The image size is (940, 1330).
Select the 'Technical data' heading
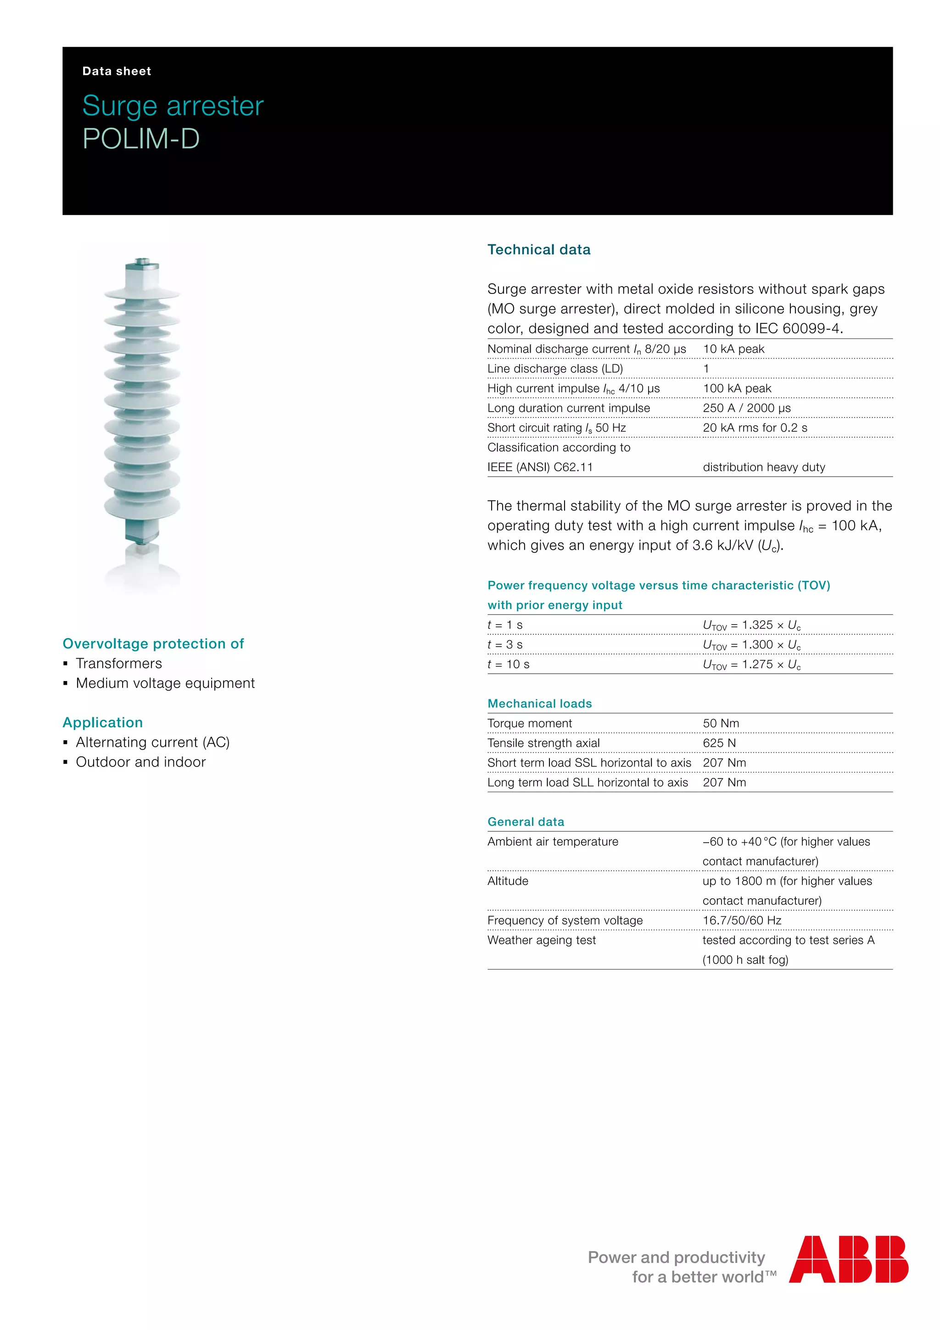538,250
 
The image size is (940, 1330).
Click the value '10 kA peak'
733,349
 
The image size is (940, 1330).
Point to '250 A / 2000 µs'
746,408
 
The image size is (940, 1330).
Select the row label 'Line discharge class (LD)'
554,368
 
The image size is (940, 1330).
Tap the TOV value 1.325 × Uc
751,625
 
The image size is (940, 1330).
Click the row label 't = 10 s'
508,665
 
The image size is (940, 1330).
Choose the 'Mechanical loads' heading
539,703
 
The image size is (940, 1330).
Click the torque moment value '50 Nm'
721,723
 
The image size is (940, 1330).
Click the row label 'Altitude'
508,880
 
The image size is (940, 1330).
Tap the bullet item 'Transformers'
119,663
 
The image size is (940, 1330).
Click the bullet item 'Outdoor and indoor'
140,762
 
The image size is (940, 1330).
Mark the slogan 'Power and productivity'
676,1257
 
